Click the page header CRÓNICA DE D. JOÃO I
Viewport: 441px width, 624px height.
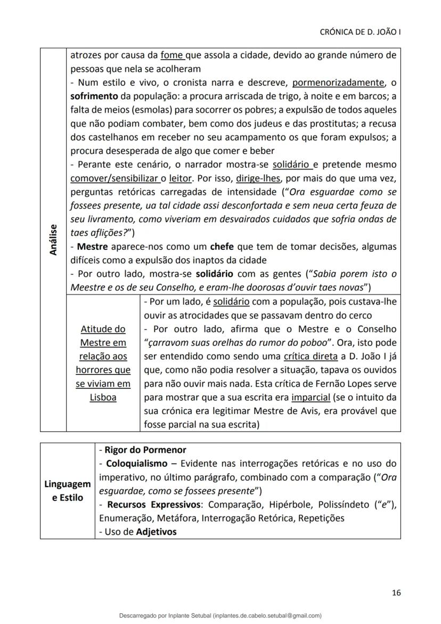pyautogui.click(x=360, y=31)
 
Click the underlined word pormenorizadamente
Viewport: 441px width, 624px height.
pyautogui.click(x=338, y=83)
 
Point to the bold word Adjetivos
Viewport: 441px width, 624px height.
pyautogui.click(x=157, y=532)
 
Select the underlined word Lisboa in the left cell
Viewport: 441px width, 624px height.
pyautogui.click(x=103, y=397)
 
